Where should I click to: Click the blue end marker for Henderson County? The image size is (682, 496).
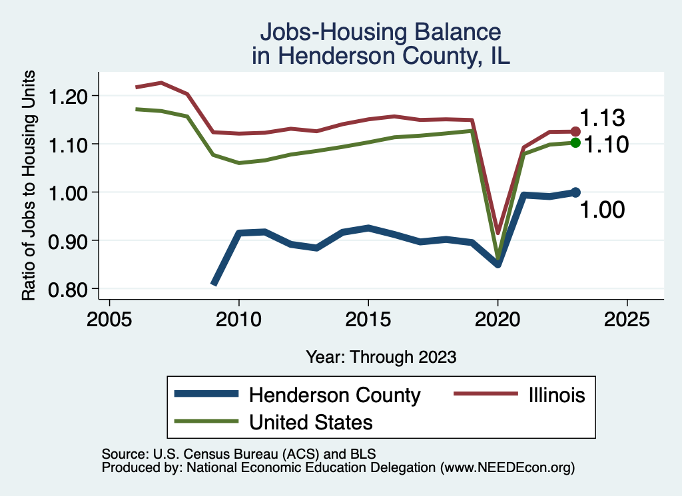tap(575, 192)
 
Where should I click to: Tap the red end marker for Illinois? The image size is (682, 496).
tap(575, 131)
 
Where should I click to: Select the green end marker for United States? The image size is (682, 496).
tap(575, 142)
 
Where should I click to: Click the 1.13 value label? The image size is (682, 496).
tap(602, 119)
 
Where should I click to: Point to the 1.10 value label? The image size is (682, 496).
tap(606, 144)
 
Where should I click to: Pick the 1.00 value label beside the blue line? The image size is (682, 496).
tap(602, 210)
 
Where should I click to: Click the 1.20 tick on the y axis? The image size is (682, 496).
tap(69, 96)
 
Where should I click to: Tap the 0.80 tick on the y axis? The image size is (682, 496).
tap(69, 288)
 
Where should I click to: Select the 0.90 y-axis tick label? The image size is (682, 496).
tap(69, 240)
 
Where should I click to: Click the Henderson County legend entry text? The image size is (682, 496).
tap(334, 395)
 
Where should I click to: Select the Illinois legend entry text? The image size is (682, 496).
tap(552, 395)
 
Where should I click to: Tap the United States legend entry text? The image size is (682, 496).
tap(310, 421)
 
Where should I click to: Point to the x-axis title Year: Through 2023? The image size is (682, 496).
tap(381, 356)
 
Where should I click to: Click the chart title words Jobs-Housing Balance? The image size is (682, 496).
tap(380, 32)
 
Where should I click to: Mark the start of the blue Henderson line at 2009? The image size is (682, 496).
tap(214, 284)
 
